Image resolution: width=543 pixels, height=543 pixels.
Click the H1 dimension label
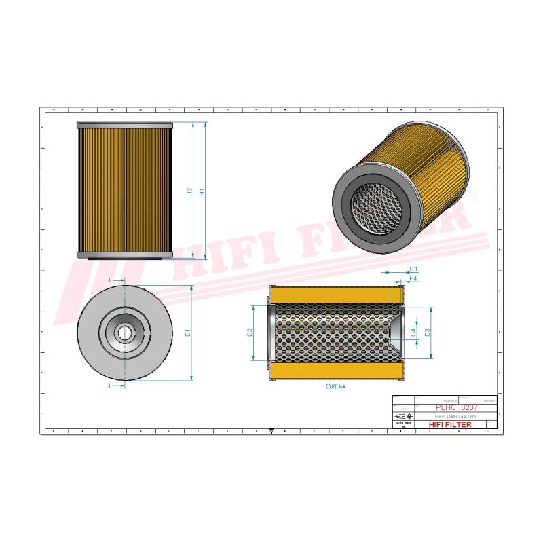202,192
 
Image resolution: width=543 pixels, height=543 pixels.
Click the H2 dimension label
190,192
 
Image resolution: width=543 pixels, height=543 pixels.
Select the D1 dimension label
187,333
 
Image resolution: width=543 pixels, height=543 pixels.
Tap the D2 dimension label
250,333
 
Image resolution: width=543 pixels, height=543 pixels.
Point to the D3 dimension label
428,333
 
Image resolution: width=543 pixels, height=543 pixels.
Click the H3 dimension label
413,270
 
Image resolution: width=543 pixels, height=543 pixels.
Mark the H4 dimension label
413,279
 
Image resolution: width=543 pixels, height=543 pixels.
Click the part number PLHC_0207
455,407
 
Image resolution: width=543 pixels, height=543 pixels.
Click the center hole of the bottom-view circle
126,333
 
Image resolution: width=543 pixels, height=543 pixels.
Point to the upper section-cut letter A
110,280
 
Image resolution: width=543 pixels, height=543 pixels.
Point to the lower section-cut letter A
110,385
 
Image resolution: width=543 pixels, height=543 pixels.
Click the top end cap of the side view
126,126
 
